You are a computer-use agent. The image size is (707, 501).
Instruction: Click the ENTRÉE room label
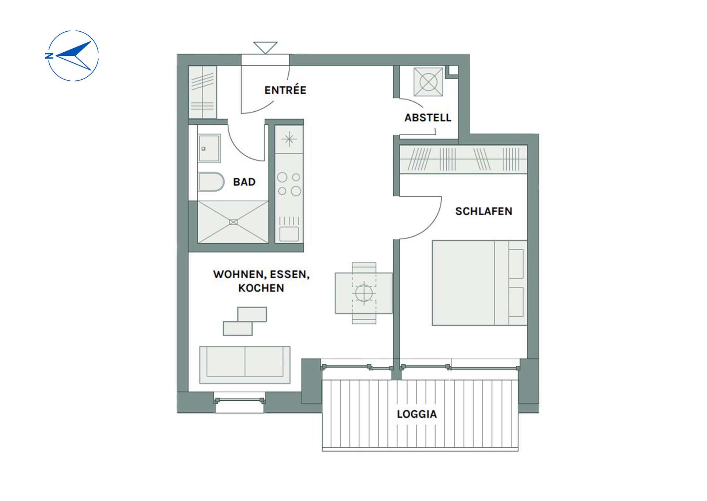coord(285,90)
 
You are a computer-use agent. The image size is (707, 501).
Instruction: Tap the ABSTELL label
coord(428,118)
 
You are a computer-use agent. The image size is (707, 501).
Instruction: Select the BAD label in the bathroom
coord(244,182)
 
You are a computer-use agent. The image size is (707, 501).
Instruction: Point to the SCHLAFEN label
coord(483,211)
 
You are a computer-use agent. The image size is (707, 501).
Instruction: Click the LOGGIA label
coord(417,414)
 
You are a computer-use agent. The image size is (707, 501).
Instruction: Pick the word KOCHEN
coord(261,288)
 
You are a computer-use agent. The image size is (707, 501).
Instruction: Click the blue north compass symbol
coord(72,56)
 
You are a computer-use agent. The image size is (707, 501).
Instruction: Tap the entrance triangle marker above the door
coord(265,48)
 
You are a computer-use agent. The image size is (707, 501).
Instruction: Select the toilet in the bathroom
coord(211,182)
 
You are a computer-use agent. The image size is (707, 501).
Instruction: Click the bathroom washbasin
coord(209,148)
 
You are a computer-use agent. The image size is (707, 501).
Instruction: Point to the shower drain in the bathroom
coord(233,222)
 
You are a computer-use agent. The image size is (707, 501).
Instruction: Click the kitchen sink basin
coord(289,234)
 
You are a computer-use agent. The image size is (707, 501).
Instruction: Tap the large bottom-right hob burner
coord(296,191)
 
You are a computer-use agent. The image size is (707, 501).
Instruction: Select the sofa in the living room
coord(245,365)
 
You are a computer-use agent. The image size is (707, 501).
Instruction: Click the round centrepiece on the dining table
coord(364,293)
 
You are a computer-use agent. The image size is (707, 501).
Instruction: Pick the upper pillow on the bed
coord(516,264)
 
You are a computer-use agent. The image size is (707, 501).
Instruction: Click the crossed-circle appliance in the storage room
coord(428,82)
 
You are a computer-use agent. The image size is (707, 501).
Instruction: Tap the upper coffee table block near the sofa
coord(252,314)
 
